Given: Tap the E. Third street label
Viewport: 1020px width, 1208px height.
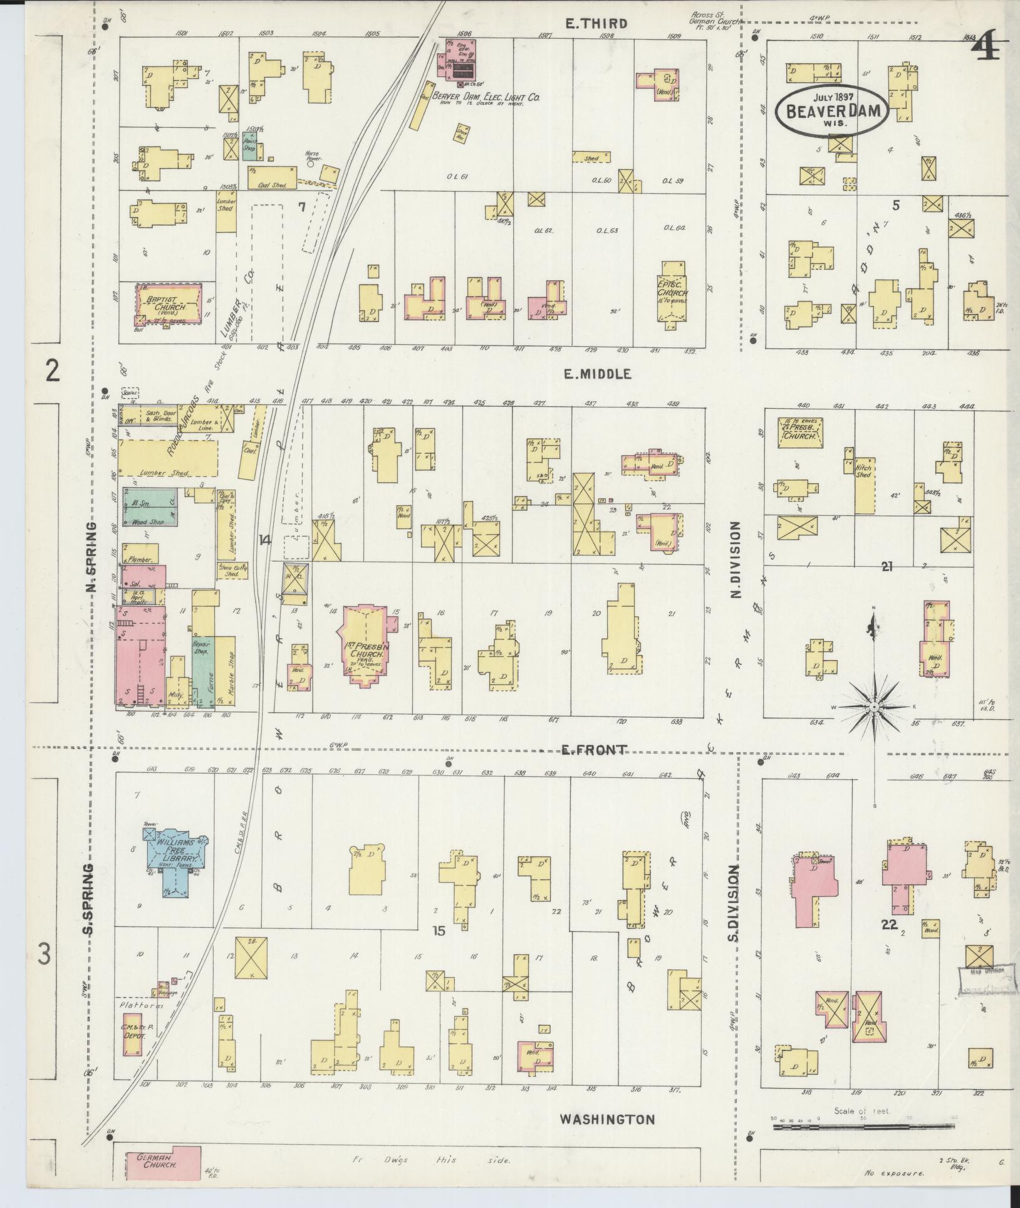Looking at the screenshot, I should (596, 24).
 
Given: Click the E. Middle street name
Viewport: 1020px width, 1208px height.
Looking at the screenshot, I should (596, 374).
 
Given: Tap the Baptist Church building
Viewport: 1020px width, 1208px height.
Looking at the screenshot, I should (169, 304).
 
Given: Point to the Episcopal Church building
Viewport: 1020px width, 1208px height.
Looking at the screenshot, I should (672, 292).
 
